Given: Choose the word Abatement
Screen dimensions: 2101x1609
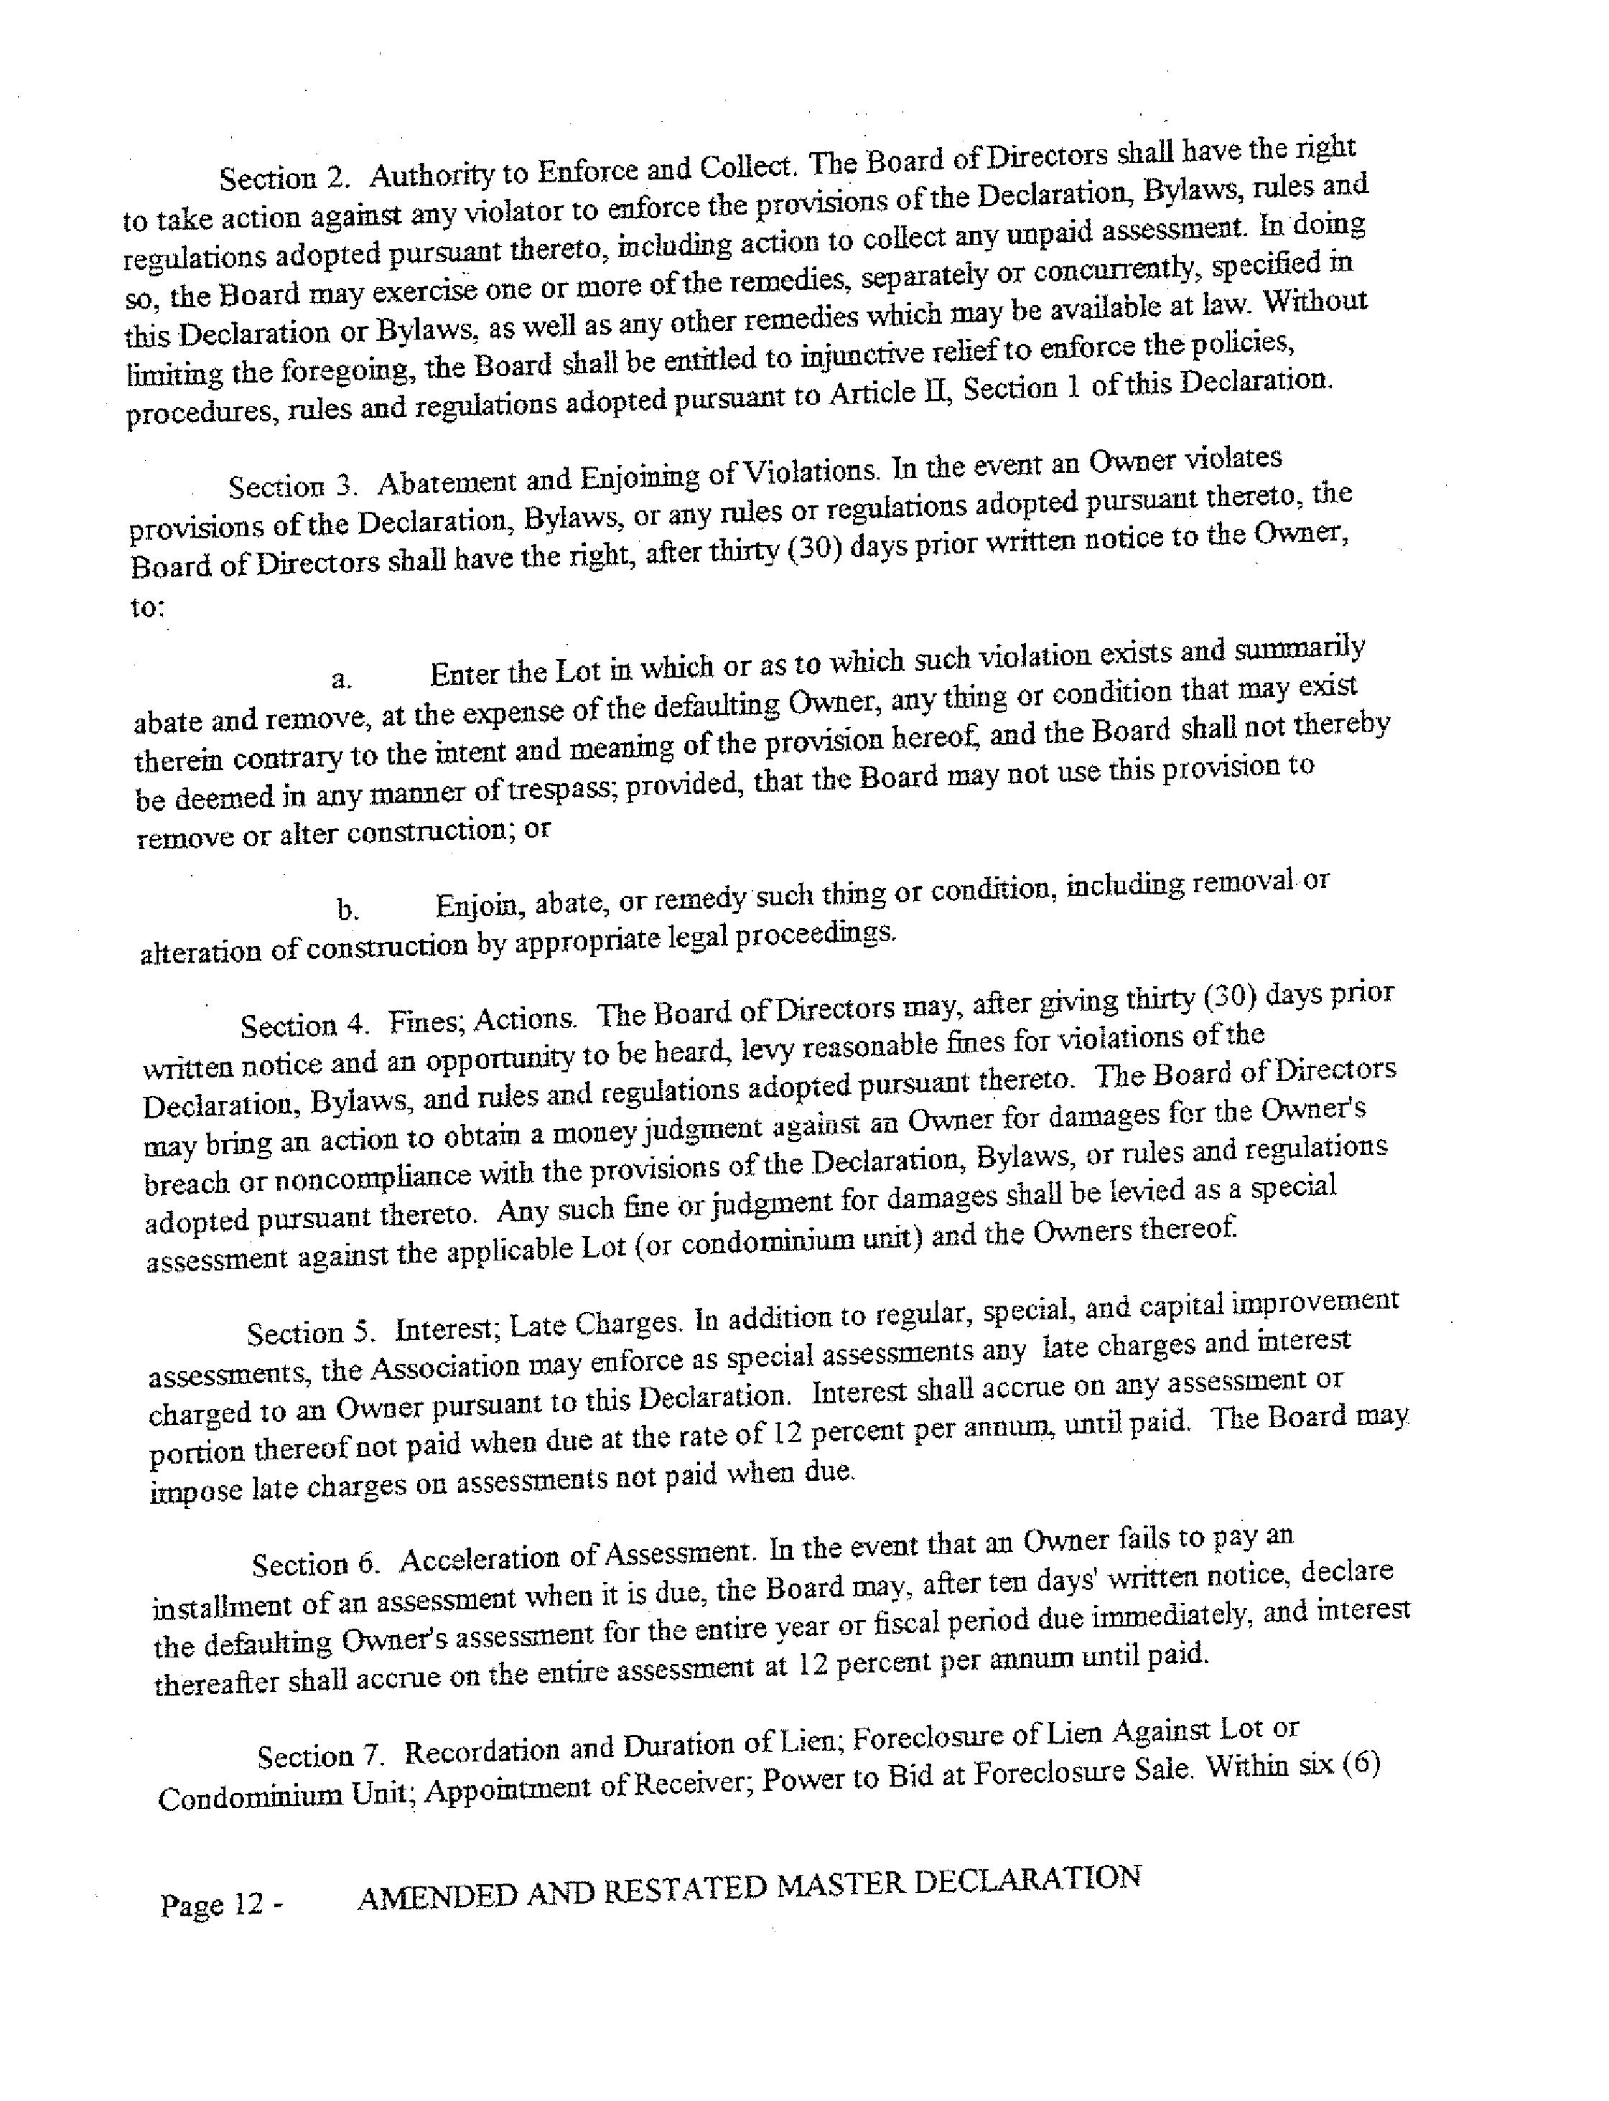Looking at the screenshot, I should (433, 482).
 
